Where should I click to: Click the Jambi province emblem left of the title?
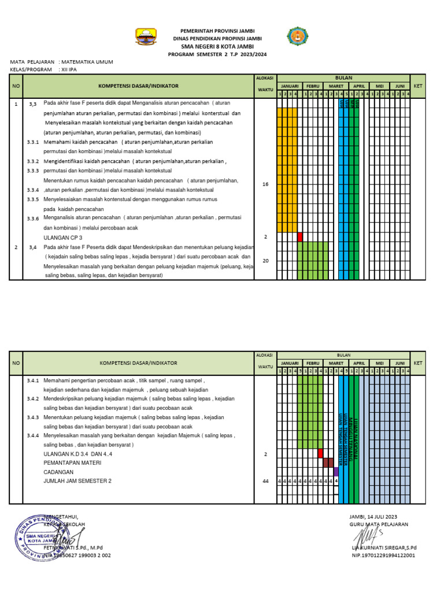coord(145,37)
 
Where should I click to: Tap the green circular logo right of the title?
coord(298,37)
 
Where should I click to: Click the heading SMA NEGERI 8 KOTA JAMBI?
coord(218,46)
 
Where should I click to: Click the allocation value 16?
coord(265,184)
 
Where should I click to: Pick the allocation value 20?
coord(265,261)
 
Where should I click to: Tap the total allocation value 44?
coord(265,481)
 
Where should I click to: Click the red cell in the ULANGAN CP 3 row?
coord(300,237)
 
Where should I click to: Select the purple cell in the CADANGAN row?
coord(336,472)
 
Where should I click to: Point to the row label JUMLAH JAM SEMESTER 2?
coord(77,481)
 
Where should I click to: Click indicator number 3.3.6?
coord(33,219)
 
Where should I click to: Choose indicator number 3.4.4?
coord(33,435)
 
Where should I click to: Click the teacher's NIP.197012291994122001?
coord(383,556)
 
